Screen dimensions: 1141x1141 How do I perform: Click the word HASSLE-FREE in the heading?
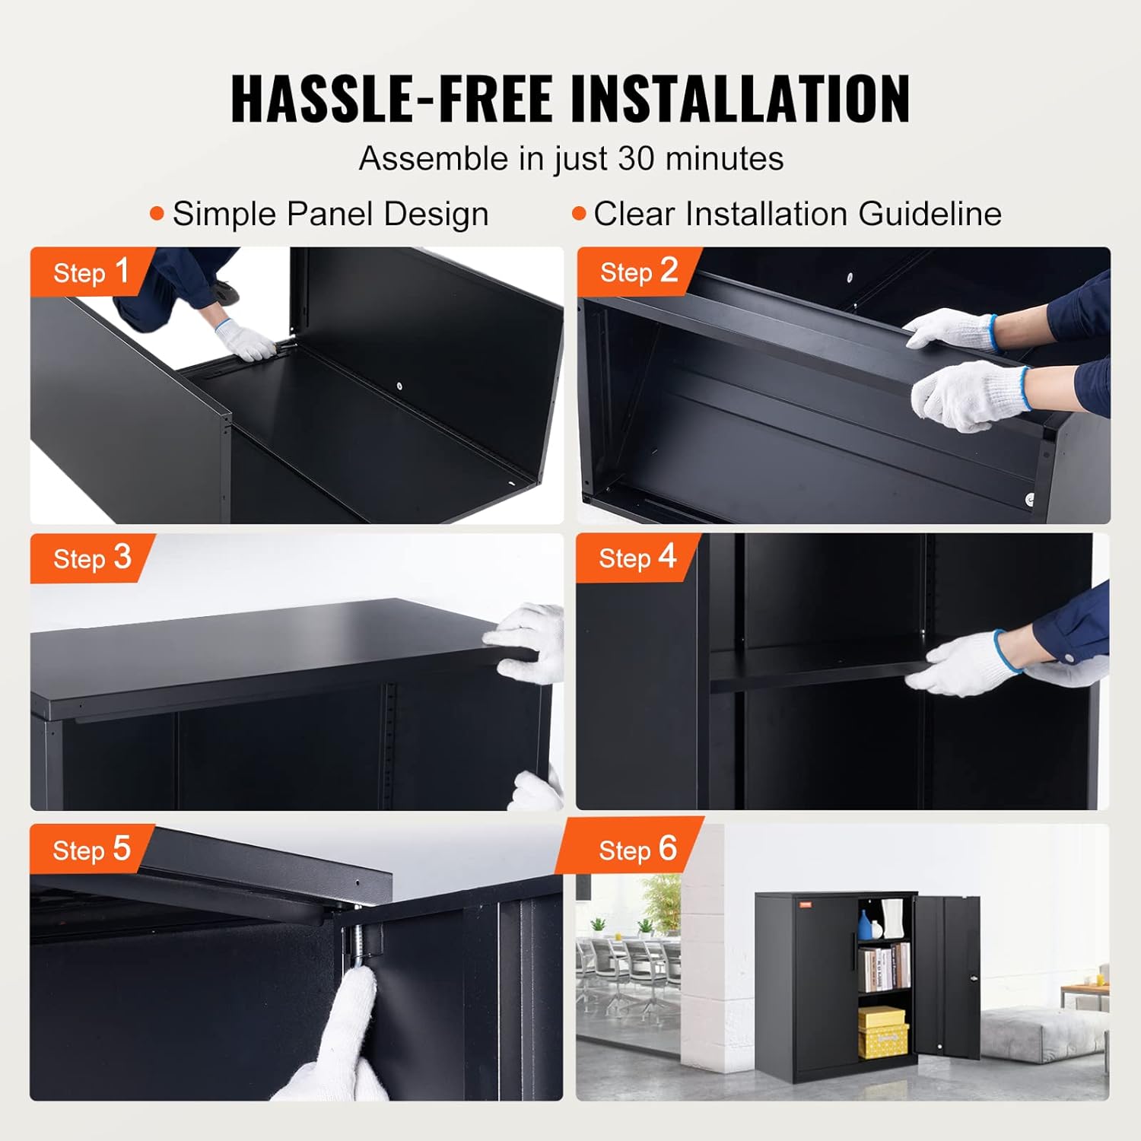tap(392, 99)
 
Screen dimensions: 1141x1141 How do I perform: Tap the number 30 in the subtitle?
tap(635, 159)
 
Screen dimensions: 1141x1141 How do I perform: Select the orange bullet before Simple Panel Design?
tap(157, 214)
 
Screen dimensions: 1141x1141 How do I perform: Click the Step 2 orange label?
tap(637, 272)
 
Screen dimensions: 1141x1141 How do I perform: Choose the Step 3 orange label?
tap(91, 558)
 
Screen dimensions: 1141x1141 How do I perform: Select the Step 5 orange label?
tap(91, 849)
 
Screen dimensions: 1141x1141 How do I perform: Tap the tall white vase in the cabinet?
tap(893, 918)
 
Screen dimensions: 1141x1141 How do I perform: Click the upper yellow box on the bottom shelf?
tap(882, 1017)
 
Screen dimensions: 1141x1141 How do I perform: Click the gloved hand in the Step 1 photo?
tap(246, 340)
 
